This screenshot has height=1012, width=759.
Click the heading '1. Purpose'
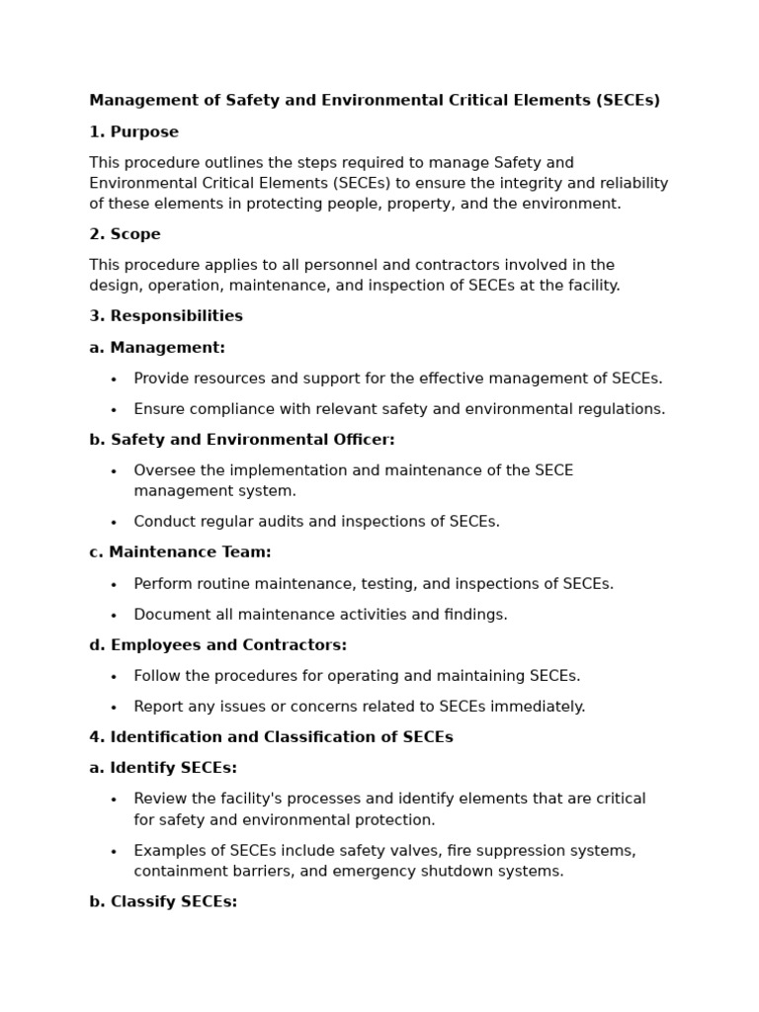(x=133, y=132)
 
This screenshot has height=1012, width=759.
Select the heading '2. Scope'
(x=125, y=234)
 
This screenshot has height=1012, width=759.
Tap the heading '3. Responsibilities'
(x=165, y=316)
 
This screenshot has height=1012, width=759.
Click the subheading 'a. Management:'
(x=156, y=348)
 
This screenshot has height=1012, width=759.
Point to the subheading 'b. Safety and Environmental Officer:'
(x=241, y=440)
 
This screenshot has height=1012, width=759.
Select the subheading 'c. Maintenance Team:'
(x=180, y=552)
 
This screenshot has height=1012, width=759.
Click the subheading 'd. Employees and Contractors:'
(x=217, y=645)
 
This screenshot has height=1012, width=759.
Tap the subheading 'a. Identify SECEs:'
(x=163, y=768)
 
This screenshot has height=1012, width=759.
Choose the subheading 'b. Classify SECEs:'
(x=163, y=901)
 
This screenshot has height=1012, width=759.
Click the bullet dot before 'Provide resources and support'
(x=114, y=379)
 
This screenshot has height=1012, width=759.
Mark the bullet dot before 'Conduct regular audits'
(x=114, y=523)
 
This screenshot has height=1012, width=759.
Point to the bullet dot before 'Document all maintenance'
(x=114, y=616)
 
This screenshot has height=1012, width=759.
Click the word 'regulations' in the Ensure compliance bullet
(x=625, y=409)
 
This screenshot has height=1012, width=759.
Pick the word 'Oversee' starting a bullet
(x=164, y=470)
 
